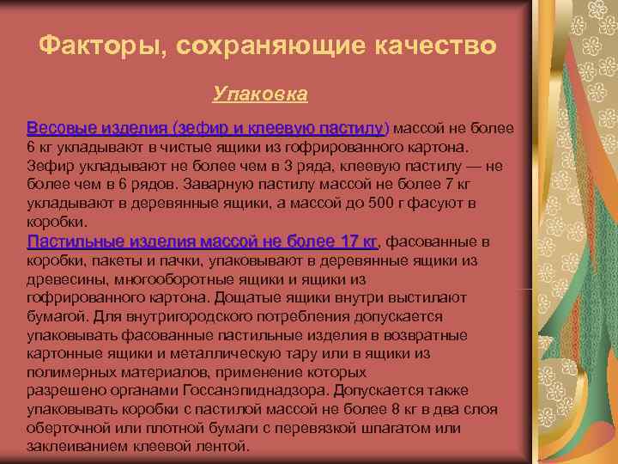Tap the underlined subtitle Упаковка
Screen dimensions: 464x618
click(260, 90)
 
